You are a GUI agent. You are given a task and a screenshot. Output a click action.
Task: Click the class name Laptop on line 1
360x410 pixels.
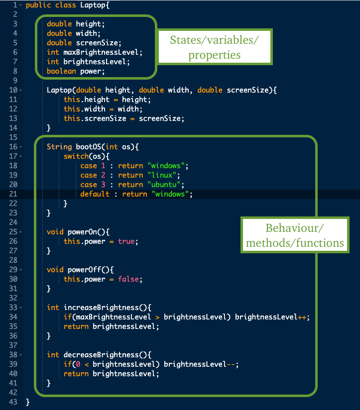(x=90, y=5)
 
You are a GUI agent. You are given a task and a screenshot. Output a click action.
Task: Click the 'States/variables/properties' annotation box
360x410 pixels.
(x=214, y=46)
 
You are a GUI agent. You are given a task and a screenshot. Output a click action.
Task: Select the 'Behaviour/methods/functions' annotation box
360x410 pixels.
(x=295, y=235)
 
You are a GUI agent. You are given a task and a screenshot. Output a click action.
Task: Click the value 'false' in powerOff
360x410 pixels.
(x=130, y=279)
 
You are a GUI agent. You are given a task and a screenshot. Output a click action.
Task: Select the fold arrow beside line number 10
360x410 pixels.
(x=19, y=90)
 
